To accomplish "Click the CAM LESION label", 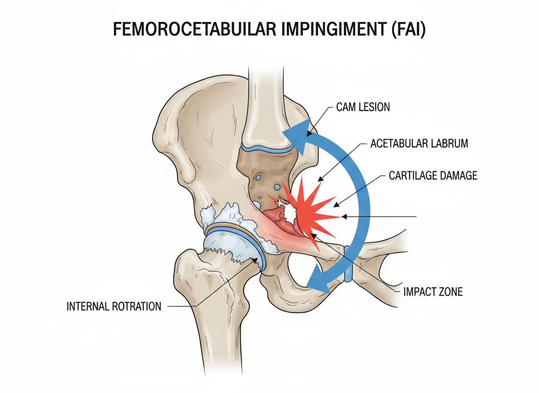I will pyautogui.click(x=363, y=108).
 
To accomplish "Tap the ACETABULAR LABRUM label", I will pyautogui.click(x=419, y=144).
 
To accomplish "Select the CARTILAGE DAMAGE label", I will pyautogui.click(x=433, y=175).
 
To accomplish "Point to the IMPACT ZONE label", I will pyautogui.click(x=433, y=292).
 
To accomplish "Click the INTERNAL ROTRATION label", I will pyautogui.click(x=114, y=306).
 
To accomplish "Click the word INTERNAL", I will pyautogui.click(x=88, y=306).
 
